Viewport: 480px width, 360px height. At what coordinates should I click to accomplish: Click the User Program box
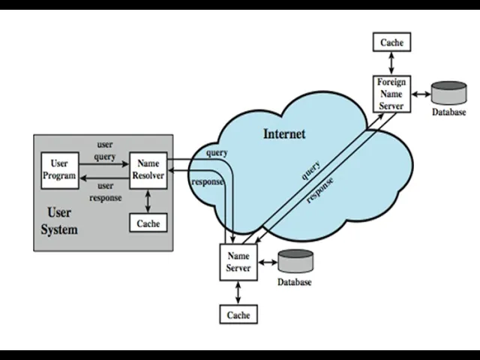tap(59, 169)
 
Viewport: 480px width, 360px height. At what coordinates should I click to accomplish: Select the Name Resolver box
tap(148, 169)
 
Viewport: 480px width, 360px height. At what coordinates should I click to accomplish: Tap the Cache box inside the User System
tap(148, 223)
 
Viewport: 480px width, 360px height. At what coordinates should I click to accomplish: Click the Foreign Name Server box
tap(391, 94)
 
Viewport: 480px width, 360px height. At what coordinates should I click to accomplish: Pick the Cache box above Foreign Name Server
tap(391, 43)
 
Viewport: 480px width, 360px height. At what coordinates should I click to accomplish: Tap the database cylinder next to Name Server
tap(295, 262)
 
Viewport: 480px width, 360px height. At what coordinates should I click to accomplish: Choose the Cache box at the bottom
tap(238, 315)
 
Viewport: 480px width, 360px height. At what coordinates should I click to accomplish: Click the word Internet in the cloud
tap(284, 133)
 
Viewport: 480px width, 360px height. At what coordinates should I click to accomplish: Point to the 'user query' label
tap(105, 151)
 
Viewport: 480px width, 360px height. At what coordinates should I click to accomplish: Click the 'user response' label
tap(105, 192)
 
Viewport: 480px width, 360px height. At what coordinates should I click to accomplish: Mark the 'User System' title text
tap(59, 221)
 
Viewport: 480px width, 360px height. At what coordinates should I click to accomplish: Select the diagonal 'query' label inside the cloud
tap(311, 170)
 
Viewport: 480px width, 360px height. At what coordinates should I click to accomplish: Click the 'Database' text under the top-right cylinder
tap(448, 112)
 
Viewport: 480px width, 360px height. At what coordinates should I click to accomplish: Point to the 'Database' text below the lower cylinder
tap(295, 283)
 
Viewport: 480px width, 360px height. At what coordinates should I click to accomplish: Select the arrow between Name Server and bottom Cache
tap(238, 292)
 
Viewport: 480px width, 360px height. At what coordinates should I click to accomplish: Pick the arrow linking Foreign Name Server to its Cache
tap(391, 64)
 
